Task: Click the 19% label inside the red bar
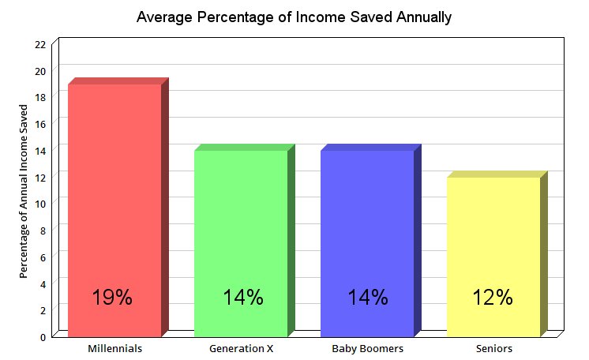coord(112,298)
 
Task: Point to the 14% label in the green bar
coord(242,298)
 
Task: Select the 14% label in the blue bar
coord(368,298)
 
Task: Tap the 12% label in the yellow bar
coord(493,298)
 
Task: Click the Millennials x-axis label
coord(114,348)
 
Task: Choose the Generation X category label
coord(241,348)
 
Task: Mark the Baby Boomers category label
coord(367,348)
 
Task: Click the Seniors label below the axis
coord(494,348)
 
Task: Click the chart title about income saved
coord(294,17)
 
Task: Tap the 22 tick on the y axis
coord(40,44)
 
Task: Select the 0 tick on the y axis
coord(43,337)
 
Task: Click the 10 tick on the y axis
coord(40,204)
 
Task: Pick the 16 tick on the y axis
coord(40,124)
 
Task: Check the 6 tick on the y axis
coord(43,257)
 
